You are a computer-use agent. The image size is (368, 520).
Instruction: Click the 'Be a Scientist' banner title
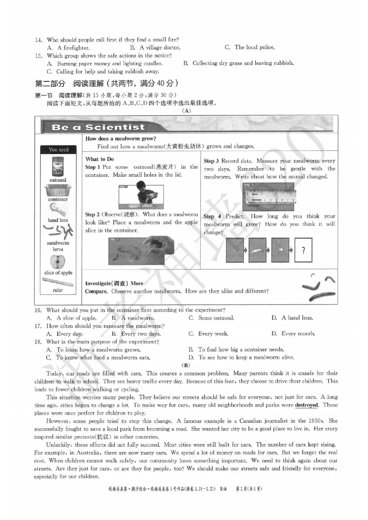(98, 127)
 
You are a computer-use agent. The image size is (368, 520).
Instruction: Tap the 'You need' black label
(58, 149)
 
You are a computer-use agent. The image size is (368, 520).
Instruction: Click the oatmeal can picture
(58, 167)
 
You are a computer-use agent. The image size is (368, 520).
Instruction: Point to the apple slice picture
(58, 262)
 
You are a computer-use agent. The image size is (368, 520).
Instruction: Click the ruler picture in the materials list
(58, 282)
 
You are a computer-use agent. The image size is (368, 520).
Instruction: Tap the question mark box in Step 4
(303, 250)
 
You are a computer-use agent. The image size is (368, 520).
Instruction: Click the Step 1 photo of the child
(141, 195)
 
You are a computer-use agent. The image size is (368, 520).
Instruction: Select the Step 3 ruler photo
(268, 197)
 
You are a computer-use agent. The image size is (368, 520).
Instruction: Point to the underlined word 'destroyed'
(306, 405)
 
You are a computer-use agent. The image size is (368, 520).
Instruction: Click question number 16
(38, 310)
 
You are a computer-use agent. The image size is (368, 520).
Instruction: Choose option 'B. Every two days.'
(136, 334)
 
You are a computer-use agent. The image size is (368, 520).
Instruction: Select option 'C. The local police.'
(250, 47)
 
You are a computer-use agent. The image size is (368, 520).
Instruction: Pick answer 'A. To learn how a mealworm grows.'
(93, 350)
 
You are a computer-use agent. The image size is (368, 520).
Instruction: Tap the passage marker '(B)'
(186, 365)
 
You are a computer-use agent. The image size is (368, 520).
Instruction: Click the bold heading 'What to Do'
(99, 159)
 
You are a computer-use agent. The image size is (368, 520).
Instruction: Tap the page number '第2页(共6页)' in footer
(249, 489)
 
